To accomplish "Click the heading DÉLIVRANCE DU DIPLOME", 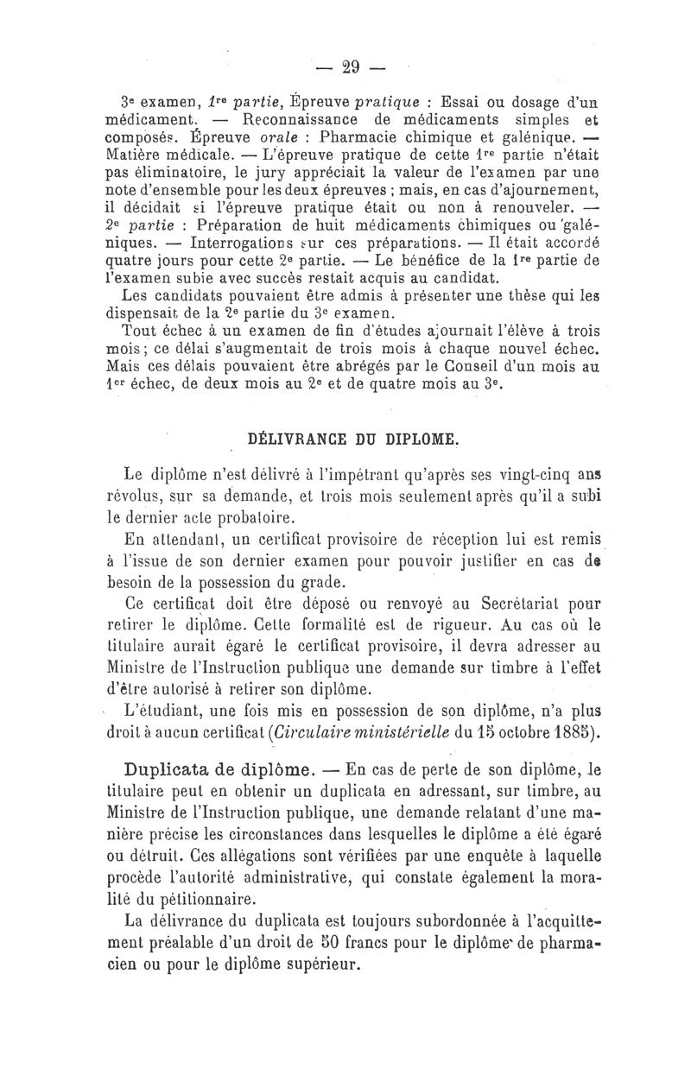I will pos(352,438).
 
